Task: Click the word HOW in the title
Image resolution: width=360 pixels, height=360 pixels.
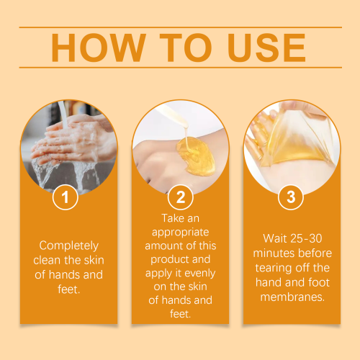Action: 99,48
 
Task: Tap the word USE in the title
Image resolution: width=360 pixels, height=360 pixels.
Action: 266,48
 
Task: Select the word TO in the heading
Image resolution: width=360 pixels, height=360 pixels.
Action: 186,48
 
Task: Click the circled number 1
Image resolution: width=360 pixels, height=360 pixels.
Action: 66,197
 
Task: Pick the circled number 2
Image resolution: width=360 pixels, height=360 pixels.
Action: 181,197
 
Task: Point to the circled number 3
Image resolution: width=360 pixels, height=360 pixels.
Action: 291,197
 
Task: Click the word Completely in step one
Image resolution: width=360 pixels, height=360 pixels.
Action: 69,246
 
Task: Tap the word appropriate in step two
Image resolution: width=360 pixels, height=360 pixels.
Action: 181,233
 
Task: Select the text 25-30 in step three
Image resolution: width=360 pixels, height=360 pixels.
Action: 306,238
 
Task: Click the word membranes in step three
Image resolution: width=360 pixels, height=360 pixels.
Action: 292,297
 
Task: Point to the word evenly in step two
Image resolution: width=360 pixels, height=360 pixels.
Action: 200,274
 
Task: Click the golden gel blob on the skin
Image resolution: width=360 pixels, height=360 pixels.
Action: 196,156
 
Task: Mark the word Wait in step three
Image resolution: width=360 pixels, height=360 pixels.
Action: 275,238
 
